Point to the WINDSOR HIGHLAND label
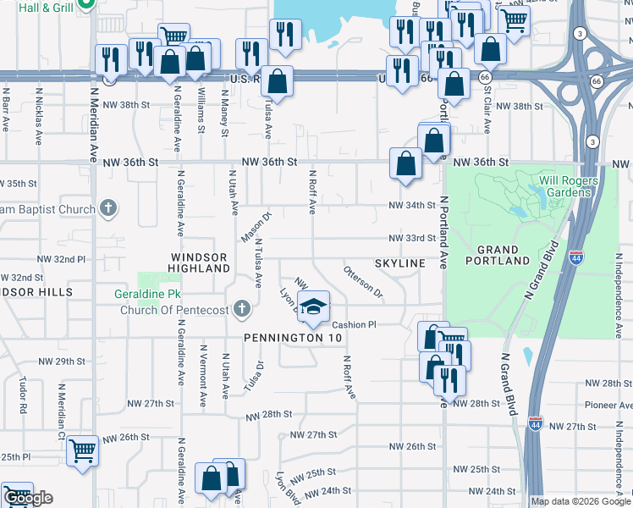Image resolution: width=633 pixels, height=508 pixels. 200,262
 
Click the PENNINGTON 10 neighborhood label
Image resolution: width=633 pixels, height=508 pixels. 293,338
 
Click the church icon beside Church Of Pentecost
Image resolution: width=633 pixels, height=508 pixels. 242,308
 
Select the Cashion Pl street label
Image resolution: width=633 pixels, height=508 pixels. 354,325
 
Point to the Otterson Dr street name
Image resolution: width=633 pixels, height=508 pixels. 363,282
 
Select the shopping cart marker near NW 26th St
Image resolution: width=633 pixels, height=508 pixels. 82,451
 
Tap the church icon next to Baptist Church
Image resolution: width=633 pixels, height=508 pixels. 107,208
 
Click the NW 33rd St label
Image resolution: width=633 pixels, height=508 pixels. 412,239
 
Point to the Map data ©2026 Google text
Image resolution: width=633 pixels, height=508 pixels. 581,501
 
